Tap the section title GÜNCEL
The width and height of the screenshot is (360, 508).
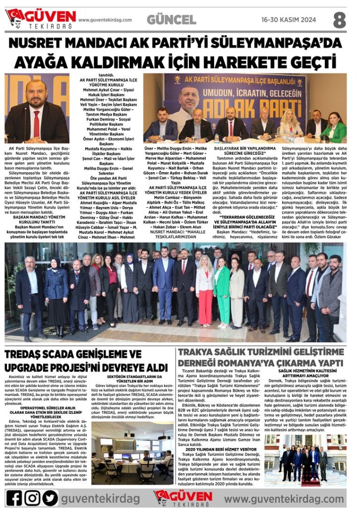[x=171, y=20]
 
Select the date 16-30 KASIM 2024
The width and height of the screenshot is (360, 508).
[x=288, y=20]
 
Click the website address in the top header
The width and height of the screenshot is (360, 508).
[x=105, y=20]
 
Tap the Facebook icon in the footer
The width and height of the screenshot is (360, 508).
[x=14, y=497]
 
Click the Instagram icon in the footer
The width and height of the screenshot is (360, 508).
[x=32, y=497]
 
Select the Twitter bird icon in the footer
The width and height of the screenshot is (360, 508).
[x=50, y=497]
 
